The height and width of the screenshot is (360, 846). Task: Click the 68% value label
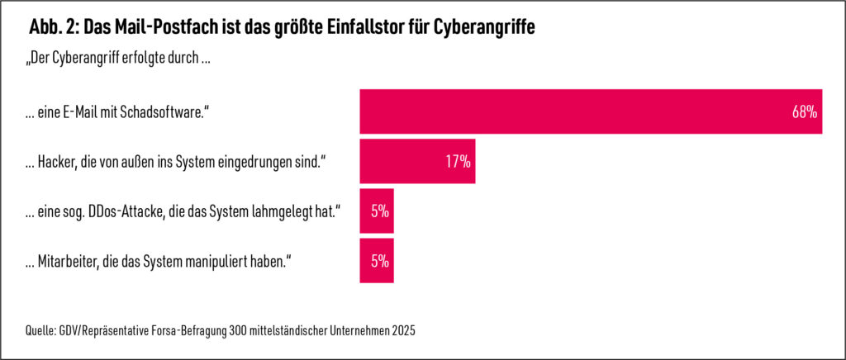804,111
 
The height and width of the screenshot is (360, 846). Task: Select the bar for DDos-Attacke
377,211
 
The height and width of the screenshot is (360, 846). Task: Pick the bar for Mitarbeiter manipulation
377,261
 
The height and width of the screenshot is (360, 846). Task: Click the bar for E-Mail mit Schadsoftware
578,111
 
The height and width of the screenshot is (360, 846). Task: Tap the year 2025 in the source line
402,331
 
